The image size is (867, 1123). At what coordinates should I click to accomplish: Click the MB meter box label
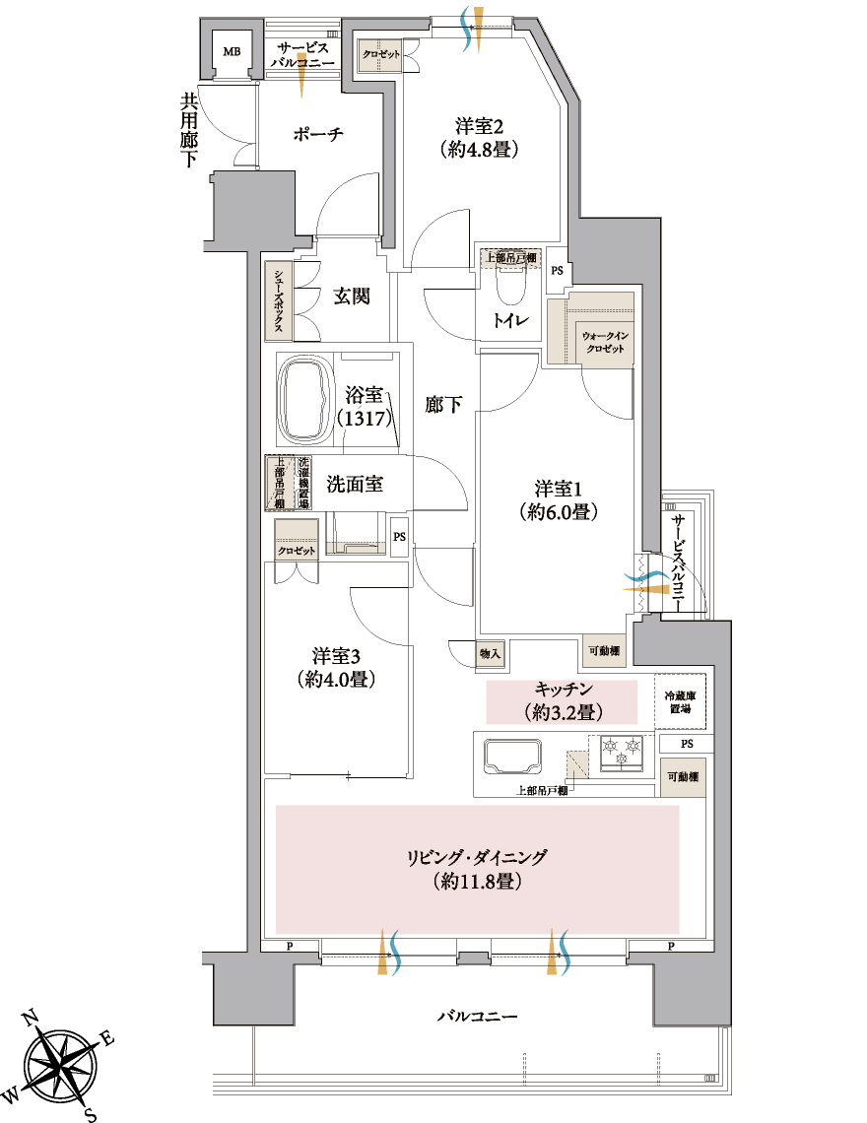click(232, 51)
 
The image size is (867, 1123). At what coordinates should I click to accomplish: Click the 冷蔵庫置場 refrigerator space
click(680, 701)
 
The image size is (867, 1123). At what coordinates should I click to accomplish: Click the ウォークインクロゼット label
click(606, 343)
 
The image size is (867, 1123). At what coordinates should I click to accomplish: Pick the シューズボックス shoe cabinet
click(277, 300)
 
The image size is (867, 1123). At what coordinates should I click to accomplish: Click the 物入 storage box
click(490, 653)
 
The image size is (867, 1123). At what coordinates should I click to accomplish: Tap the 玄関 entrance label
click(352, 296)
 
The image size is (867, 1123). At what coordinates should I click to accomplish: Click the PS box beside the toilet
click(557, 271)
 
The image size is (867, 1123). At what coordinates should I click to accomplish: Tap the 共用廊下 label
click(188, 130)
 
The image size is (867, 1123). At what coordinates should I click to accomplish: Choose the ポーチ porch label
click(318, 134)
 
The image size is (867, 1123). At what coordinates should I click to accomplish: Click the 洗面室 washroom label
click(355, 484)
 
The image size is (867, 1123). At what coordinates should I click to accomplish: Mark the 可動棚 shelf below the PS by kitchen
click(683, 777)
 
